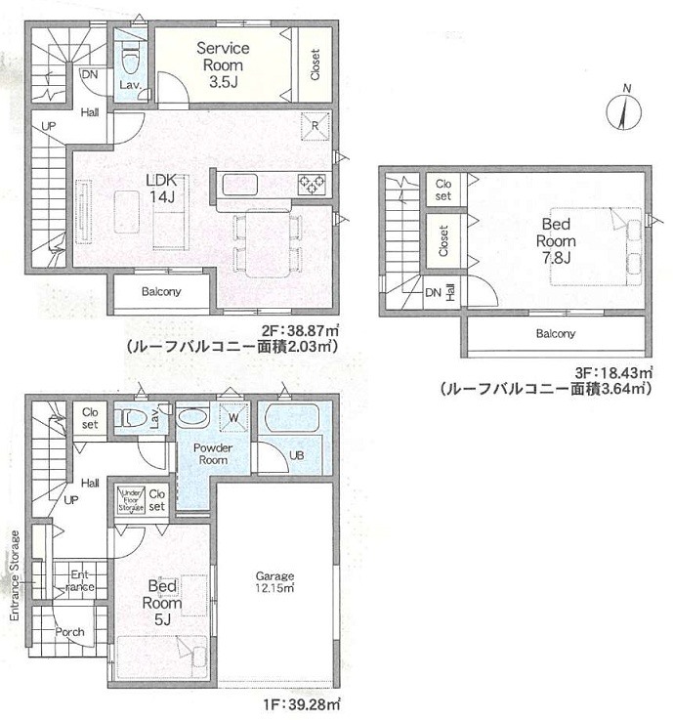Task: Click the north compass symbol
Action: [x=625, y=109]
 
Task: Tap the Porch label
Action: [x=69, y=632]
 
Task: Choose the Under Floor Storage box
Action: [x=132, y=499]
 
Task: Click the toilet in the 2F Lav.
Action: [x=128, y=57]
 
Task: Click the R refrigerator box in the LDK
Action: [x=317, y=125]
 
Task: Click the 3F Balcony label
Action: [x=554, y=334]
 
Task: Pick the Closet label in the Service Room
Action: [x=315, y=64]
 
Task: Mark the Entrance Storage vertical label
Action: [x=15, y=576]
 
